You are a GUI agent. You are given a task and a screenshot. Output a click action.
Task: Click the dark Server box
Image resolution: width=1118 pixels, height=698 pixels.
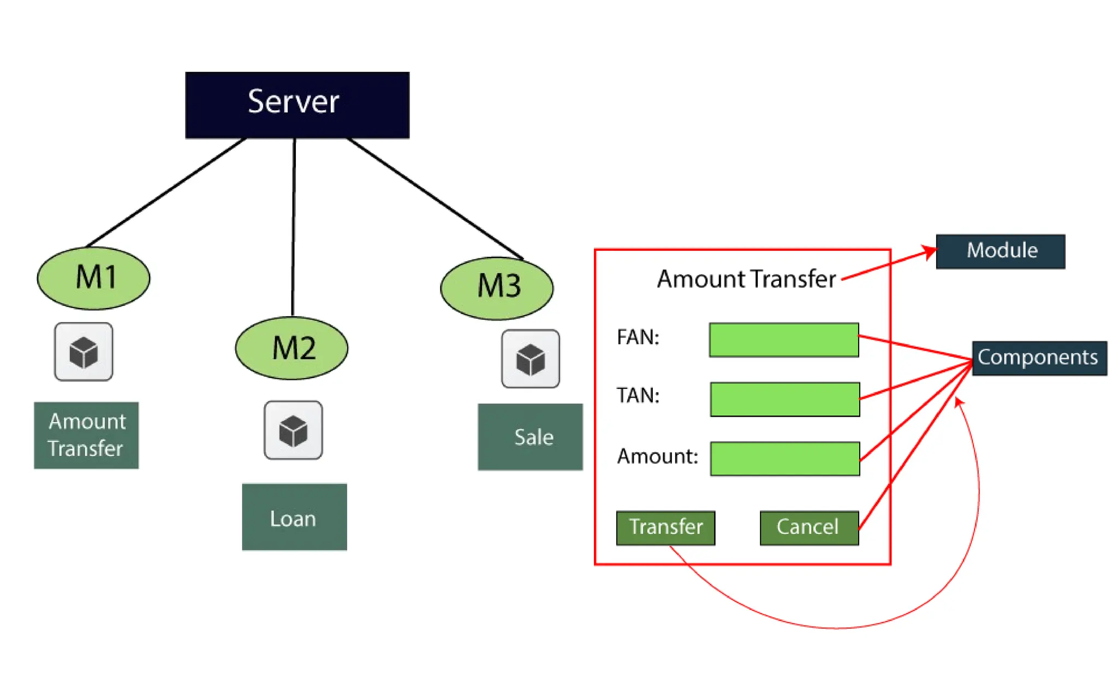pyautogui.click(x=297, y=105)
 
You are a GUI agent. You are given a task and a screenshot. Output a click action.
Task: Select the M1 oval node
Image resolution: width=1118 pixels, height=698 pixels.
pyautogui.click(x=93, y=278)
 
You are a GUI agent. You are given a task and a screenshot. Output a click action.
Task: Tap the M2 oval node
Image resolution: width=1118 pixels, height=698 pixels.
pyautogui.click(x=292, y=348)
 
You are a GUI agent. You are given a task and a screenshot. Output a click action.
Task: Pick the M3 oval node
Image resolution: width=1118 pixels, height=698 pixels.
pyautogui.click(x=497, y=288)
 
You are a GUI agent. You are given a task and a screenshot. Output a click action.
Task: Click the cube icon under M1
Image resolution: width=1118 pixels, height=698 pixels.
pyautogui.click(x=84, y=352)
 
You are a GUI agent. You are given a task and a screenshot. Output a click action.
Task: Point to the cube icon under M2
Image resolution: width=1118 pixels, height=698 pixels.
pyautogui.click(x=293, y=430)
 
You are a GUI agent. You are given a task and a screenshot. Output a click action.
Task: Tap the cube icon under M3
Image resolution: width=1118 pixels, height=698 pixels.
pyautogui.click(x=531, y=359)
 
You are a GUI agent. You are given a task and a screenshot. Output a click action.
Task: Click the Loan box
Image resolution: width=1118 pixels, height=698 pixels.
pyautogui.click(x=294, y=517)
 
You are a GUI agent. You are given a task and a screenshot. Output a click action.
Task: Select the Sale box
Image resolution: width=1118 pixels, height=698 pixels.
pyautogui.click(x=530, y=437)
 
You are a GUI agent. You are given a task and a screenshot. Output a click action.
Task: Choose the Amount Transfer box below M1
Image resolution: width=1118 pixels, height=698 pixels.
pyautogui.click(x=86, y=435)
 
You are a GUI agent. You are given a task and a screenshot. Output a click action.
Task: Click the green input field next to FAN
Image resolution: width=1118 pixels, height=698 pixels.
pyautogui.click(x=784, y=340)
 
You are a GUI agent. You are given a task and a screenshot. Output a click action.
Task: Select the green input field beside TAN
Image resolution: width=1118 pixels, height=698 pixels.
pyautogui.click(x=785, y=399)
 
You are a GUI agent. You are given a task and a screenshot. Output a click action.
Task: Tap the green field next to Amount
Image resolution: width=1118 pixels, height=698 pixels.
pyautogui.click(x=785, y=459)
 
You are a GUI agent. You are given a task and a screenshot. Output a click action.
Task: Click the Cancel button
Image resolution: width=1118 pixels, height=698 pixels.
pyautogui.click(x=809, y=527)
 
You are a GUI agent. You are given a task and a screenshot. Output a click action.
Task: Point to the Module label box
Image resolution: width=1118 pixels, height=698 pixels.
pyautogui.click(x=1000, y=251)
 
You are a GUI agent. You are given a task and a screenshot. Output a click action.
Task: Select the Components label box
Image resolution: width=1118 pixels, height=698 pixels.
pyautogui.click(x=1039, y=358)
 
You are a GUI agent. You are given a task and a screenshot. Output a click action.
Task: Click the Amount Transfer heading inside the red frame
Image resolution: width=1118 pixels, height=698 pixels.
pyautogui.click(x=746, y=279)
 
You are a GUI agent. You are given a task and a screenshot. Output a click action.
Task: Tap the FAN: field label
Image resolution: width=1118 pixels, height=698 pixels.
pyautogui.click(x=638, y=337)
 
